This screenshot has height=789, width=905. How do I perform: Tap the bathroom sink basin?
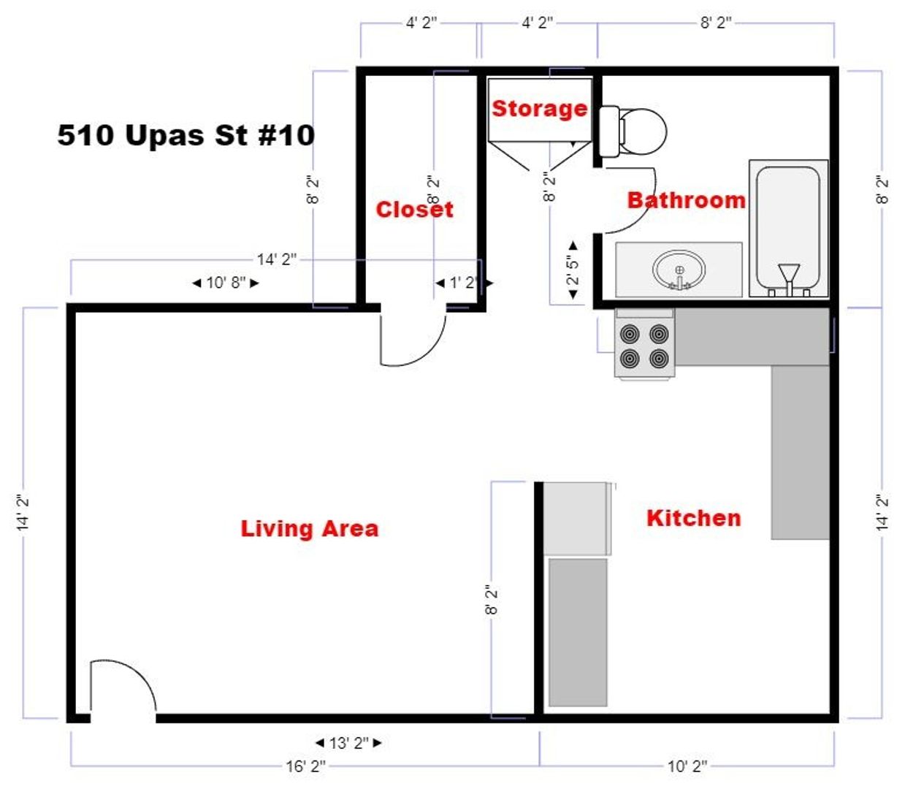tap(679, 270)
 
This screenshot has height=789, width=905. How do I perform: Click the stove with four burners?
tap(644, 346)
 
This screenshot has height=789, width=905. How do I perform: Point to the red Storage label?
tap(539, 108)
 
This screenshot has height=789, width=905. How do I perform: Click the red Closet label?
tap(414, 209)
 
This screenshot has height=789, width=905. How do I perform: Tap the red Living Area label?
tap(310, 528)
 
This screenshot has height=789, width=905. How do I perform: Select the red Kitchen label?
tap(693, 518)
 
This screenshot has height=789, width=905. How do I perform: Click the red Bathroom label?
tap(686, 199)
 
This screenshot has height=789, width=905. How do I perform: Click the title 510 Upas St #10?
tap(186, 134)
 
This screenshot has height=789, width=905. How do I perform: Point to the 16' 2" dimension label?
tap(305, 766)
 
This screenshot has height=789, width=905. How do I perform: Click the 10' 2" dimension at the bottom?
tap(687, 766)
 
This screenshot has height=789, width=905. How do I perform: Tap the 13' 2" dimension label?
tap(348, 743)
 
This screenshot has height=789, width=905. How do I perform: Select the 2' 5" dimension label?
tap(573, 270)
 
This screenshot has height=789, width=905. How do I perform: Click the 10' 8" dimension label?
tap(226, 283)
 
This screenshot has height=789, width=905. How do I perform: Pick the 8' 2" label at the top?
tap(715, 23)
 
